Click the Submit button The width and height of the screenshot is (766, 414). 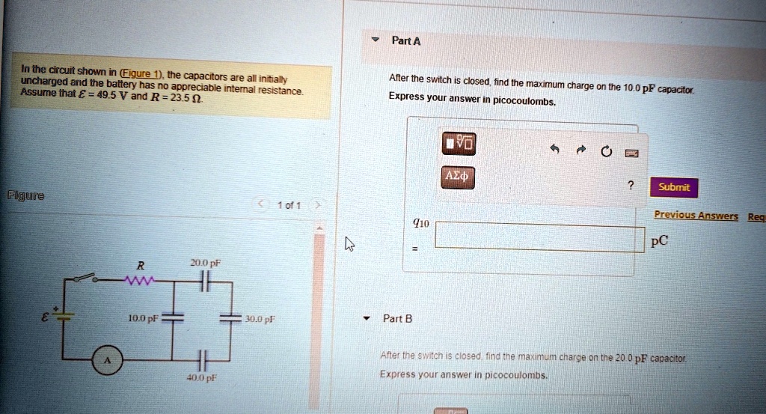674,187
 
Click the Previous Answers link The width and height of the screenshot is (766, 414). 696,216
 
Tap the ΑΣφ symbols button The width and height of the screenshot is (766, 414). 456,177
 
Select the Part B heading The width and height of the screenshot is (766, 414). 393,318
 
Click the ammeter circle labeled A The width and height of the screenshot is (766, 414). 105,361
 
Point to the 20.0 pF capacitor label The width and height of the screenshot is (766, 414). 203,264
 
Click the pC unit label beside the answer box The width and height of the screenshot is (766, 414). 659,241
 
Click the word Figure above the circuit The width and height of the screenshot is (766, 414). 25,196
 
